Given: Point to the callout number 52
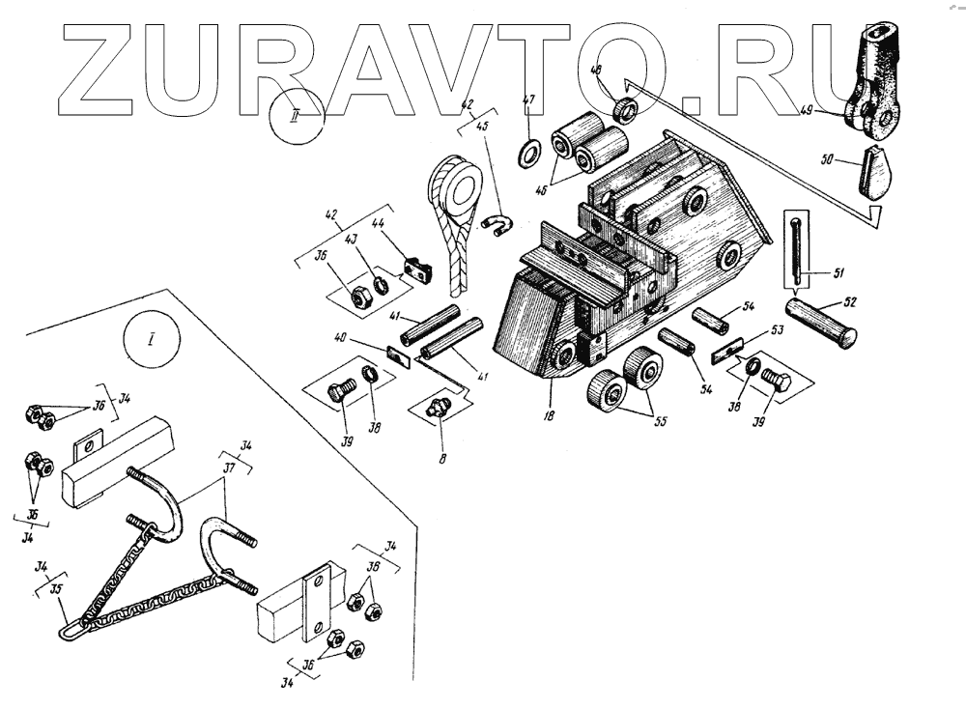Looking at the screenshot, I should [x=850, y=302].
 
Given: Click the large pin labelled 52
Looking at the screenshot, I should [x=821, y=323].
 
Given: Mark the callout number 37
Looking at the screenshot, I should [x=229, y=468].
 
